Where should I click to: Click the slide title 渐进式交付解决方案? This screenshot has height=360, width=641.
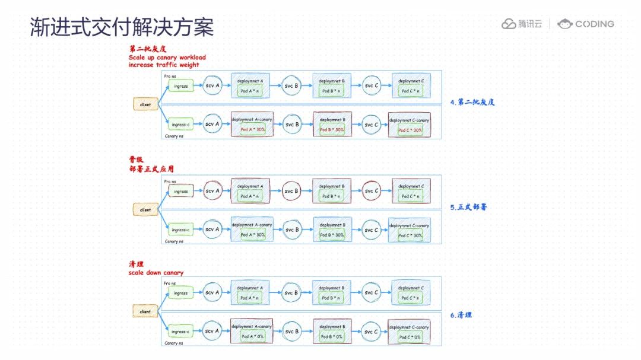tap(122, 28)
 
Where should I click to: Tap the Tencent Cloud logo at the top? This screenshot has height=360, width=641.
tap(522, 24)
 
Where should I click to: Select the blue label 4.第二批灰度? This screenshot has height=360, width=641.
tap(472, 102)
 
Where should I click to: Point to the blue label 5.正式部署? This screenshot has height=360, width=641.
tap(468, 208)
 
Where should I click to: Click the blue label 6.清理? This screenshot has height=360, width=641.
tap(461, 315)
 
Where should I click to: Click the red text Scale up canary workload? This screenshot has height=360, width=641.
tap(167, 58)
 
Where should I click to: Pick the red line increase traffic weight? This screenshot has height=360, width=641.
tap(163, 65)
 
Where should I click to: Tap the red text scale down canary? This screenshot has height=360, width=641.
tap(156, 273)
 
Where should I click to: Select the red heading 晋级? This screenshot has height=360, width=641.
tap(136, 160)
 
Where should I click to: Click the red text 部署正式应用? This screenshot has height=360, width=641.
tap(151, 168)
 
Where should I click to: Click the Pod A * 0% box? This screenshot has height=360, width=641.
tap(252, 336)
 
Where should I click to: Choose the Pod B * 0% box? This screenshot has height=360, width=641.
tap(332, 336)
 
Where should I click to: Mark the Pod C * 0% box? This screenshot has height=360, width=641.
tap(410, 336)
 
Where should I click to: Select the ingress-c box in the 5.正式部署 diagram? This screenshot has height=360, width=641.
tap(180, 230)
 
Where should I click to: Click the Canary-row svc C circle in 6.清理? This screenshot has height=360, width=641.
tap(371, 332)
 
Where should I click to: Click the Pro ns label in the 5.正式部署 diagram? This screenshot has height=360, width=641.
tap(170, 181)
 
